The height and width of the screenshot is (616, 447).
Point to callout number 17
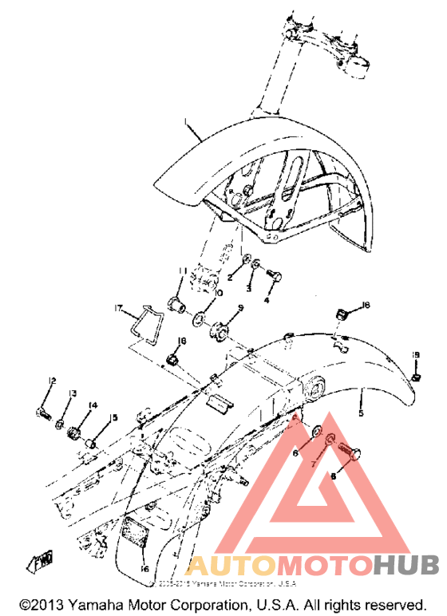117,307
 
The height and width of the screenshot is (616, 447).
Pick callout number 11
181,270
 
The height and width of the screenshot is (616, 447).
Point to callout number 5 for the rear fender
361,414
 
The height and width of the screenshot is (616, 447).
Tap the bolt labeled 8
349,451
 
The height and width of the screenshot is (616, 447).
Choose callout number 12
52,379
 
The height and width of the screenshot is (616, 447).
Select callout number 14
93,405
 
